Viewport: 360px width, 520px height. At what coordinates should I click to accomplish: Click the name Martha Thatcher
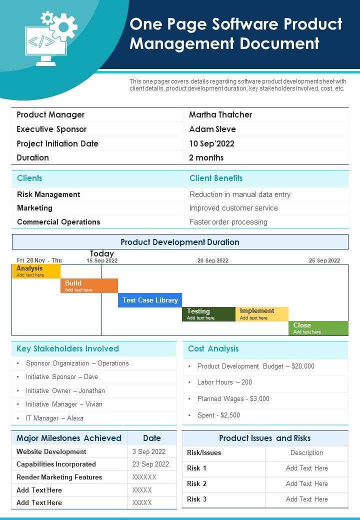[x=220, y=115]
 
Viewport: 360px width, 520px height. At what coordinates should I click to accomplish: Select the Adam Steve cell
[x=212, y=129]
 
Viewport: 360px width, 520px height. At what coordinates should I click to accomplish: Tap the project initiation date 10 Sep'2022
[x=211, y=143]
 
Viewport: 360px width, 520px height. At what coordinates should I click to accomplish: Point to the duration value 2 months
[x=206, y=157]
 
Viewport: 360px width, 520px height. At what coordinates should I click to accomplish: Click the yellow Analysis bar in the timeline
[x=36, y=271]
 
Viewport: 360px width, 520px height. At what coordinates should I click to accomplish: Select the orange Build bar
[x=89, y=285]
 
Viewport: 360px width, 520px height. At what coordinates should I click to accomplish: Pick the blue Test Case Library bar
[x=150, y=300]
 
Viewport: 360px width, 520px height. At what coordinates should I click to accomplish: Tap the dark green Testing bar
[x=208, y=314]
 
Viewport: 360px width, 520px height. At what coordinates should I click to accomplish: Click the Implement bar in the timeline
[x=261, y=314]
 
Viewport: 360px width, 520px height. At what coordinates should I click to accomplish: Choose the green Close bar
[x=318, y=328]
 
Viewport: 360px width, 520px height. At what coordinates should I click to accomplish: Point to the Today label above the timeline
[x=102, y=253]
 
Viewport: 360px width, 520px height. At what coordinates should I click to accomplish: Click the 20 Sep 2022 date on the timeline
[x=213, y=260]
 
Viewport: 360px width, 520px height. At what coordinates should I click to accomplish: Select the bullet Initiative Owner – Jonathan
[x=65, y=390]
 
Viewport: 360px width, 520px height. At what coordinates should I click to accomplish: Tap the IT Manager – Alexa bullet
[x=55, y=418]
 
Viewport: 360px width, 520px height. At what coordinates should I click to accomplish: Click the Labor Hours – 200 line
[x=224, y=382]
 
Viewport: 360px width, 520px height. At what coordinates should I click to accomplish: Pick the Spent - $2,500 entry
[x=218, y=415]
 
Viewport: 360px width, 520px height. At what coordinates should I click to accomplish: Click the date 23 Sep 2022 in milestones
[x=150, y=464]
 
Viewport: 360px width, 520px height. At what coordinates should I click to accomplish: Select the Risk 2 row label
[x=197, y=483]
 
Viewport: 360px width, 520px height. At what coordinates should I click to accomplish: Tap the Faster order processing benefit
[x=228, y=222]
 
